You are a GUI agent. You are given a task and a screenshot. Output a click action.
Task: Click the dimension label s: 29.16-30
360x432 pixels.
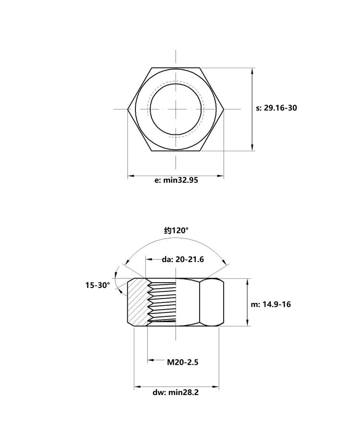(x=276, y=108)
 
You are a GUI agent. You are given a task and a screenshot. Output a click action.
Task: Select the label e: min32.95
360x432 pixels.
(x=176, y=180)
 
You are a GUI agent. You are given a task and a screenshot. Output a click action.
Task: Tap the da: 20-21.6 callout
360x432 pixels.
(x=183, y=259)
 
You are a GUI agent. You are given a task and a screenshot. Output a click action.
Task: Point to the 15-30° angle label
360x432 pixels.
(x=97, y=285)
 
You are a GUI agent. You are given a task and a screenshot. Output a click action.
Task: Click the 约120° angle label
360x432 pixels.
(x=177, y=230)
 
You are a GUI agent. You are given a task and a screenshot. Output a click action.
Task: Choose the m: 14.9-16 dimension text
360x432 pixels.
(x=271, y=304)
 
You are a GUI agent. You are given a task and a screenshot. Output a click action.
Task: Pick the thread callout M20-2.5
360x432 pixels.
(x=182, y=362)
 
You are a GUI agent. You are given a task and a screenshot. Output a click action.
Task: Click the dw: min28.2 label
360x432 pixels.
(x=176, y=392)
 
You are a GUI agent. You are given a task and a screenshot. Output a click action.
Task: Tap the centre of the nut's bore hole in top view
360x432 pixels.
(x=176, y=109)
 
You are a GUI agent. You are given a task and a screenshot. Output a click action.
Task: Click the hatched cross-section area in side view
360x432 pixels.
(x=137, y=302)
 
